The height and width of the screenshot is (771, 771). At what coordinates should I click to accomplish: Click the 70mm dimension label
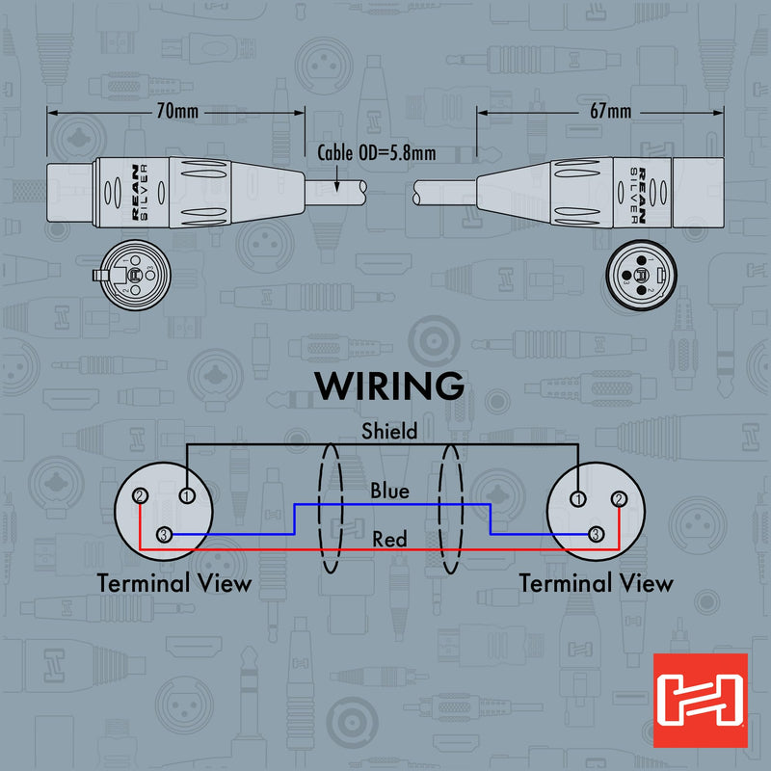point(177,111)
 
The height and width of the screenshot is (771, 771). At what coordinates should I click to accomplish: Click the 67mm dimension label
point(610,111)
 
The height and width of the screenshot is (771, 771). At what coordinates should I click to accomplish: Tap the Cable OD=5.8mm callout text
point(377,153)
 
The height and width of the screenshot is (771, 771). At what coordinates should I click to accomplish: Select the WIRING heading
point(389,386)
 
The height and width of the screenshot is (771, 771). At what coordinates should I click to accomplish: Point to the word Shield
point(389,431)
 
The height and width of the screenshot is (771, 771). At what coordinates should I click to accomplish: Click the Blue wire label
point(389,491)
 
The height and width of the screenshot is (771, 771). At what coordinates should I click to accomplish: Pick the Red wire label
point(389,540)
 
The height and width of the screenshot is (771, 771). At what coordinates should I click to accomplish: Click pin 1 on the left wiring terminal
point(187,495)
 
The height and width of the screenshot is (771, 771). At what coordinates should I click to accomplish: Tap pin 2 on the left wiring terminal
point(140,496)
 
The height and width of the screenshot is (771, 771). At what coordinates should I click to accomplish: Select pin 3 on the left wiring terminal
point(164,535)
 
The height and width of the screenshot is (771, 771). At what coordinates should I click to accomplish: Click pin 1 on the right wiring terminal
point(578,499)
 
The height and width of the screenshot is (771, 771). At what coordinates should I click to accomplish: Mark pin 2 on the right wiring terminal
point(619,499)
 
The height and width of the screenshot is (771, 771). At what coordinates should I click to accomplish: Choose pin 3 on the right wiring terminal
point(596,534)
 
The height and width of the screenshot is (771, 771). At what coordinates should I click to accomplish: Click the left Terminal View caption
point(174,583)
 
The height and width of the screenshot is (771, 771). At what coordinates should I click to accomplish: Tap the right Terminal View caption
point(596,583)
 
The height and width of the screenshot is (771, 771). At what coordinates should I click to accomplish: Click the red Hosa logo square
point(701,701)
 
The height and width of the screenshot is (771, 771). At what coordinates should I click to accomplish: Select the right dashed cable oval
point(439,509)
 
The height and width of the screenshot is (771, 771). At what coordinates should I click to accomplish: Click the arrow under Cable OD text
point(336,178)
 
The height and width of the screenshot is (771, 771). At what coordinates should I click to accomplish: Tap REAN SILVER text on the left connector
point(140,192)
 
